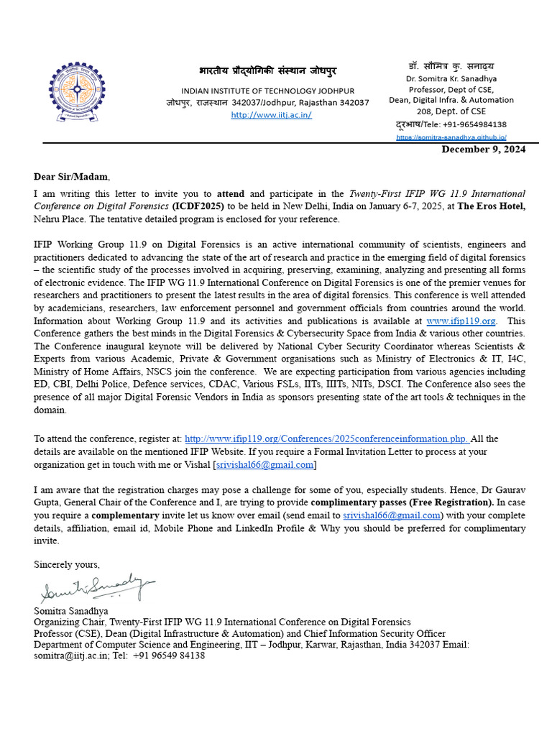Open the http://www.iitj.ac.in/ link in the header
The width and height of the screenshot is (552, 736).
tap(271, 115)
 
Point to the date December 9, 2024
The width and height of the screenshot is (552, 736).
tap(483, 149)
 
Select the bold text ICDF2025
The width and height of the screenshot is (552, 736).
tap(193, 206)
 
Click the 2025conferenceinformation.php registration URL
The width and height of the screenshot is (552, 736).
tap(327, 438)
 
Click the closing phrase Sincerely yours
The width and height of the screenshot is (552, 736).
tap(67, 564)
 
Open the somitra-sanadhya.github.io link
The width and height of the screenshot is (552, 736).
tap(451, 137)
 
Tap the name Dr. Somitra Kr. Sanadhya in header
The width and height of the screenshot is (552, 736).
tap(451, 78)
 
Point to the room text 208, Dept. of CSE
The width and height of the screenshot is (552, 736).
tap(451, 111)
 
